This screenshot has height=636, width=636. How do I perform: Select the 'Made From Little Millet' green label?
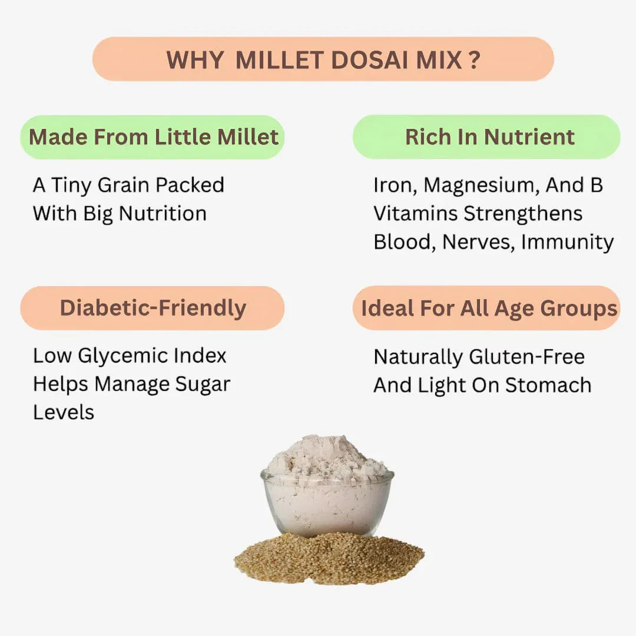coord(153,137)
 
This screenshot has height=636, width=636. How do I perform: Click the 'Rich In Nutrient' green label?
coord(489,137)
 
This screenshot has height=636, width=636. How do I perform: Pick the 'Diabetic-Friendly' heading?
coord(153,308)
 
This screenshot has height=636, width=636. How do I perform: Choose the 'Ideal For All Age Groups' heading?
coord(489,308)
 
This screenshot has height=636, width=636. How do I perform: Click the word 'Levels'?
coord(63,412)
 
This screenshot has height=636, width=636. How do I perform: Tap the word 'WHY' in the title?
coord(194,59)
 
